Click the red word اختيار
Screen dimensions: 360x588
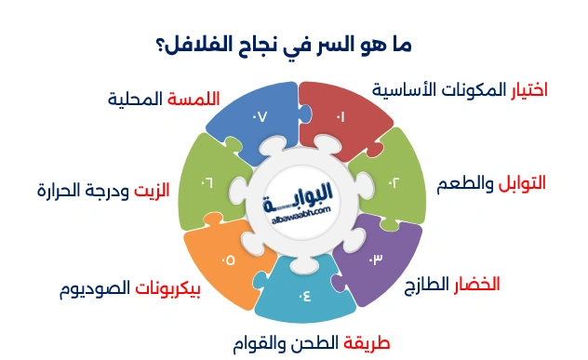pos(529,89)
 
